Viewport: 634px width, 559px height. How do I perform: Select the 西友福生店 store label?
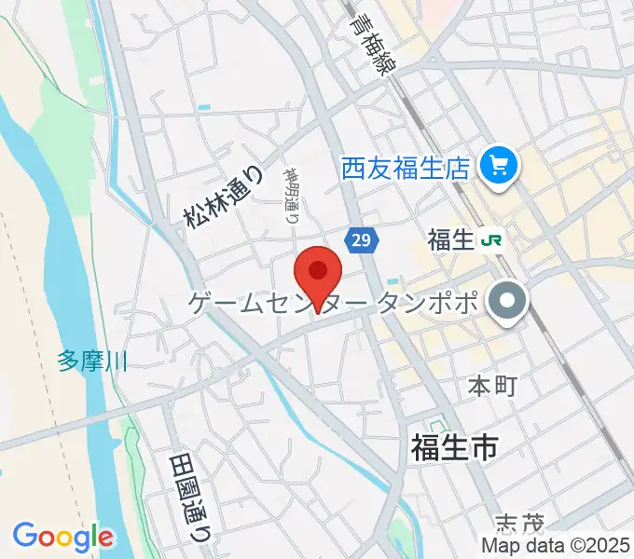pos(404,169)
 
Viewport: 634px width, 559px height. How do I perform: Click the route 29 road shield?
pos(362,240)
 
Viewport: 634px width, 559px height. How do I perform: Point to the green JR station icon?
pos(489,241)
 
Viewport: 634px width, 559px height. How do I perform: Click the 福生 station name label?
pos(451,241)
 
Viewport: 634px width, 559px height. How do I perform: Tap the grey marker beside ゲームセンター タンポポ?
pos(509,302)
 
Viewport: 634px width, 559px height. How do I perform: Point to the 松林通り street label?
pos(210,198)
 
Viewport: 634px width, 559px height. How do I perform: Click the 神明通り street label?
pos(290,197)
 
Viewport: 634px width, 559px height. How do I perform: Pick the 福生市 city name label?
pos(454,448)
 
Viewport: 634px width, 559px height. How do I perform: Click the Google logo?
pos(62,537)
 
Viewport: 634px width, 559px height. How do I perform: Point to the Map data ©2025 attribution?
pos(554,545)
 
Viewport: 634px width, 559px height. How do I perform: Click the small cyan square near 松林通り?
pos(204,107)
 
